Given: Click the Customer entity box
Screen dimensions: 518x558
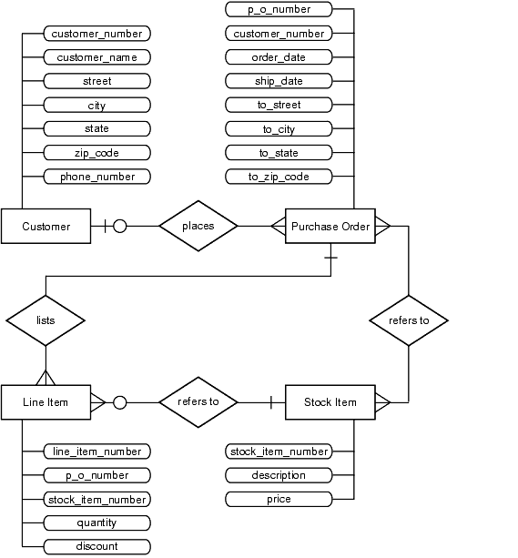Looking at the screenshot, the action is [x=46, y=226].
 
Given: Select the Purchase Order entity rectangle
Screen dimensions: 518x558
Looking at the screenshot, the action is [x=330, y=226].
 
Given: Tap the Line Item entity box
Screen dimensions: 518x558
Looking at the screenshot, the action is [x=46, y=402].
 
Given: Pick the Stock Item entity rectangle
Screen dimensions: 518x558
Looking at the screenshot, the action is [x=330, y=402].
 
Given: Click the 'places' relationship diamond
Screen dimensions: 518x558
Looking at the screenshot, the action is [x=198, y=226].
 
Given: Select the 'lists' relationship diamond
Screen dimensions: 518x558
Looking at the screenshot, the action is [x=46, y=320].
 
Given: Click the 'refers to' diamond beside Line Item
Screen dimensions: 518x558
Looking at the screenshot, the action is [x=198, y=402].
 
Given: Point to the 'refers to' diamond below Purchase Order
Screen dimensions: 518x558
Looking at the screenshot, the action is [x=409, y=320].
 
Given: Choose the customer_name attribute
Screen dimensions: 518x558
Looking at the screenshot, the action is [x=97, y=57].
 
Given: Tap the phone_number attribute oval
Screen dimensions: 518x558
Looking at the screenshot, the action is [x=97, y=177].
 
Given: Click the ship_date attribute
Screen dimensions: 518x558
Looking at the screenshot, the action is [x=279, y=81].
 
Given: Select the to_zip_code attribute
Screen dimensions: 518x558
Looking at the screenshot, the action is [x=279, y=177].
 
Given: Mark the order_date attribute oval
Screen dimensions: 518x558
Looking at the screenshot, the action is [x=279, y=57].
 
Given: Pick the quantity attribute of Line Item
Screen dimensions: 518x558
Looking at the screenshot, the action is [x=97, y=522].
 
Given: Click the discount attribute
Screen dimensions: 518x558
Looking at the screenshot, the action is [x=97, y=546].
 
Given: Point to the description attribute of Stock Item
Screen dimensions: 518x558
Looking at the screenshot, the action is [x=279, y=475].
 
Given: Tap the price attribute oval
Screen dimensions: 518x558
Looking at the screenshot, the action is [x=279, y=499].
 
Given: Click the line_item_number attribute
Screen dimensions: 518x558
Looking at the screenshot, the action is [x=97, y=451].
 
